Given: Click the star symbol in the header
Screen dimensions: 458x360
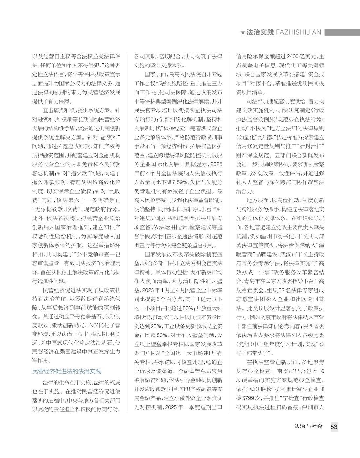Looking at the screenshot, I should [243, 32].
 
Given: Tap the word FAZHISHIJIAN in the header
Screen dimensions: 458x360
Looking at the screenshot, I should [298, 32].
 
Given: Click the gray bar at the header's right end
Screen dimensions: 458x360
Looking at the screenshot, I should [342, 32].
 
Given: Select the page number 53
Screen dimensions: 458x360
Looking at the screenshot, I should [334, 427].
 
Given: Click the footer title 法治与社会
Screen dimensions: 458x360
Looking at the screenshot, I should [308, 426].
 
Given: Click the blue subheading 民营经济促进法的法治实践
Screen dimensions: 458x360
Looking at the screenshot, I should [67, 371].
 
